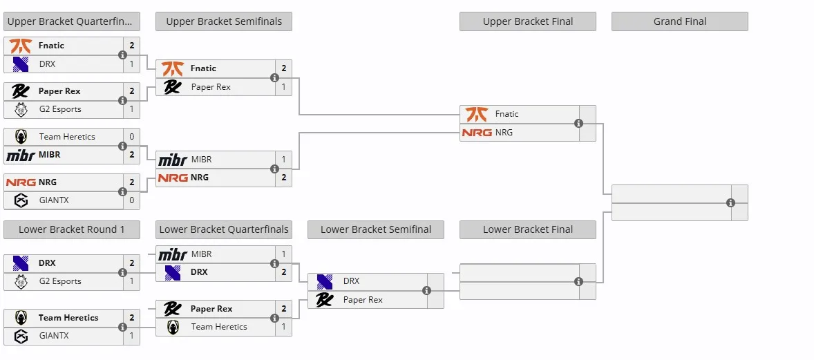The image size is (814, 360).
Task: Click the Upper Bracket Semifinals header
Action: [x=224, y=21]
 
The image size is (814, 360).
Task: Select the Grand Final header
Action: [x=679, y=21]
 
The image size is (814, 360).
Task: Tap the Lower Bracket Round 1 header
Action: [x=72, y=229]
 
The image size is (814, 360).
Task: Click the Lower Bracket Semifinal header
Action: [x=376, y=229]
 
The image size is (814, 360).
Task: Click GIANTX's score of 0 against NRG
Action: [x=132, y=200]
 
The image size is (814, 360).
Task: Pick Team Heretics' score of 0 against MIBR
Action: [x=132, y=137]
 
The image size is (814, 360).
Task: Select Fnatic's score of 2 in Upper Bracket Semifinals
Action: [x=284, y=68]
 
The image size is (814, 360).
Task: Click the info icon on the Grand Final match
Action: [x=730, y=202]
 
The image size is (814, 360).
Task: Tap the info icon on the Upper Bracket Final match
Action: [x=578, y=123]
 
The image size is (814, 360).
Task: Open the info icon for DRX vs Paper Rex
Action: [x=426, y=290]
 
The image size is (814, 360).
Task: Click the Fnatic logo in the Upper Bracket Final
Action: [x=476, y=114]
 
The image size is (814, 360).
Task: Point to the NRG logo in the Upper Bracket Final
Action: [x=477, y=133]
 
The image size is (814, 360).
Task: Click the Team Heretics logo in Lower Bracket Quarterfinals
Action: [x=173, y=328]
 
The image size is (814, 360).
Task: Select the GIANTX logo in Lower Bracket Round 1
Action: [x=21, y=336]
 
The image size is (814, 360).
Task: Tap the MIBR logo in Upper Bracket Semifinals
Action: [x=172, y=160]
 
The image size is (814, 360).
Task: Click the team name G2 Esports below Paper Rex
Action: [x=60, y=109]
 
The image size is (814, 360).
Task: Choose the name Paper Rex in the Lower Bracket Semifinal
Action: [x=363, y=300]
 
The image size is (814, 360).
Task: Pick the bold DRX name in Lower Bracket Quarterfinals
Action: [x=199, y=272]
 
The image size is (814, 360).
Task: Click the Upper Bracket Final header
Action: [x=527, y=21]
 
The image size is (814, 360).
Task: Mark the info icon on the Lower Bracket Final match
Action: [x=578, y=281]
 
